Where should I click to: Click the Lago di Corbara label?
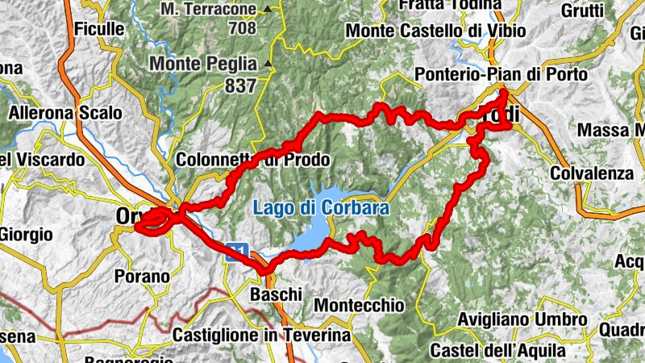(321, 208)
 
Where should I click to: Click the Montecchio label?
(357, 306)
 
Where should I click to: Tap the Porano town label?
(141, 277)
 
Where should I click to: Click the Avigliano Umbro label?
(521, 319)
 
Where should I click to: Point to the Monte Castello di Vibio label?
(435, 31)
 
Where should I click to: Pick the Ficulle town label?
(99, 29)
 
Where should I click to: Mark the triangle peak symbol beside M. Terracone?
(266, 10)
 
